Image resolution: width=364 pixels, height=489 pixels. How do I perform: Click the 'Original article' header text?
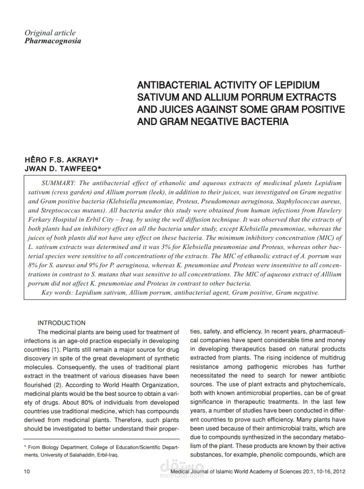(50, 33)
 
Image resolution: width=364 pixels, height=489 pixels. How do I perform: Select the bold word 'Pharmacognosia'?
(52, 41)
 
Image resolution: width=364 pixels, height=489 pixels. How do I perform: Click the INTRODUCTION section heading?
(61, 323)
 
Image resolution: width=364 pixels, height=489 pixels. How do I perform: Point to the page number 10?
(27, 472)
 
